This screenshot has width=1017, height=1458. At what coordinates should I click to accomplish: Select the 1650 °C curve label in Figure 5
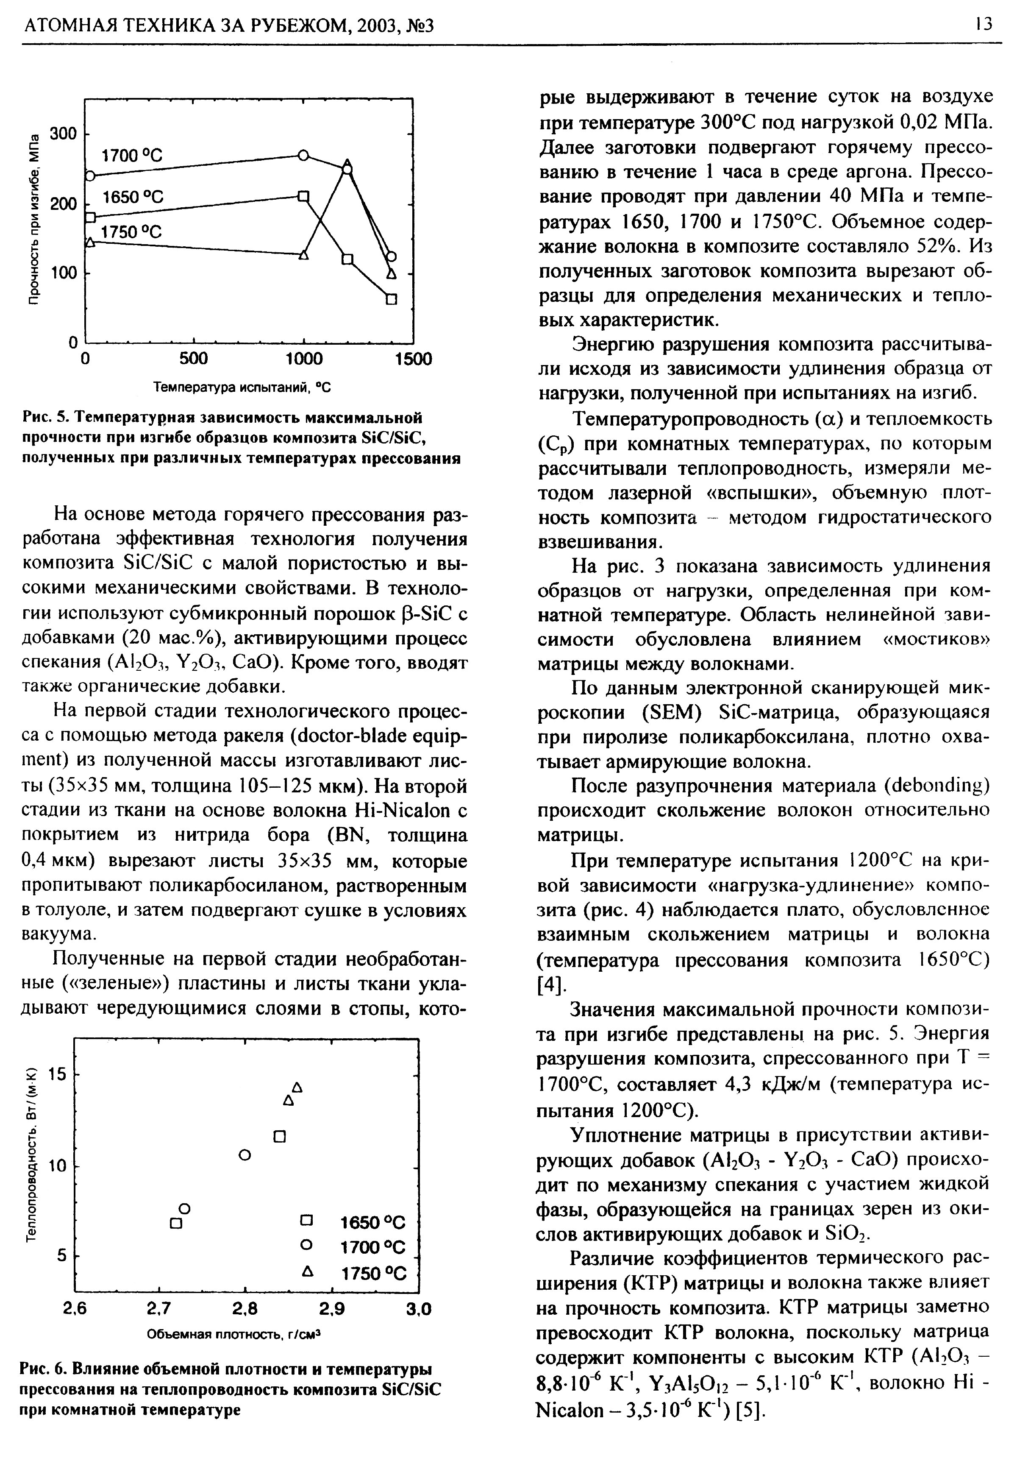click(133, 198)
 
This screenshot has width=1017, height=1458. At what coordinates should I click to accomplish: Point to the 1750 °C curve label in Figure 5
click(132, 232)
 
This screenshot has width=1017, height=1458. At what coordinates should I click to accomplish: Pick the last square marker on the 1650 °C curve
click(391, 298)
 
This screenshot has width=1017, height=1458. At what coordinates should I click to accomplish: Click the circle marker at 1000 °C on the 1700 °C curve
click(303, 155)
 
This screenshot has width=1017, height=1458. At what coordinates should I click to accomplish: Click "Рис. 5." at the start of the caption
click(45, 418)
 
